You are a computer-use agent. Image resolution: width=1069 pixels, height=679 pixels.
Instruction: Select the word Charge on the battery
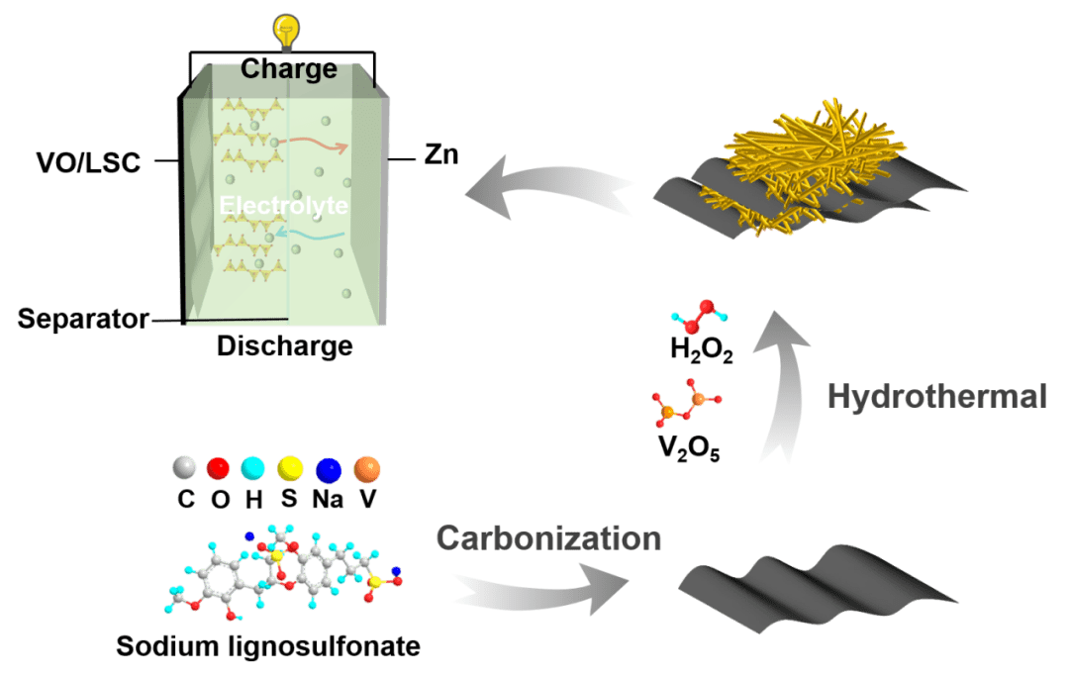[289, 69]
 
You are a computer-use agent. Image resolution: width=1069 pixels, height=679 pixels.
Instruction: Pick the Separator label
[83, 320]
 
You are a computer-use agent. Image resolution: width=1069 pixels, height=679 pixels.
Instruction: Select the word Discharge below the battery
[284, 347]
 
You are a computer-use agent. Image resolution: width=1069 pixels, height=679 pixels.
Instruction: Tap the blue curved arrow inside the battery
[311, 234]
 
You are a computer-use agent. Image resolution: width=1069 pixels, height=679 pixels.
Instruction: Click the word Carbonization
[548, 538]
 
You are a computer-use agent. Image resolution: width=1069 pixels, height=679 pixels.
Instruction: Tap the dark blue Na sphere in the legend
[328, 468]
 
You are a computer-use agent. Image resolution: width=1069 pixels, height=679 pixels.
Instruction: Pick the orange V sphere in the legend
[366, 468]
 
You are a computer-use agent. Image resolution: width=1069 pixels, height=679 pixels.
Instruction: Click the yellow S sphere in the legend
[289, 468]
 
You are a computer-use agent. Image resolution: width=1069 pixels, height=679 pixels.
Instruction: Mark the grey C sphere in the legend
[185, 468]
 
